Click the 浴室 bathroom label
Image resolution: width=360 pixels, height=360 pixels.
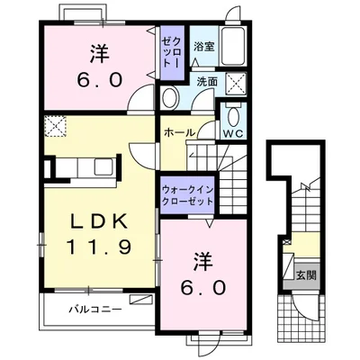coord(204,47)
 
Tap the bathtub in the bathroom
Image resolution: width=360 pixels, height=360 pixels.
coord(234,46)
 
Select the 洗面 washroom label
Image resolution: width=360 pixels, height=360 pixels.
coord(207,82)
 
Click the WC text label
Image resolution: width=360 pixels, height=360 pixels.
coord(234,134)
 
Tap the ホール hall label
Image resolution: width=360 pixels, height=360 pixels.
coord(180,132)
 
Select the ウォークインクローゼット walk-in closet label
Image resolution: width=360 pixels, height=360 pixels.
coord(187,195)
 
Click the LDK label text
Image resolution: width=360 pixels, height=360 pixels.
coord(98,222)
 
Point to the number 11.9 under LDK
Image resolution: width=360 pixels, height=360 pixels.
coord(99,247)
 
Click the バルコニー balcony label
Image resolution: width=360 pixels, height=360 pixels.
coord(95,309)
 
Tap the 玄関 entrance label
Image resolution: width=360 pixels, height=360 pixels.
coord(306,275)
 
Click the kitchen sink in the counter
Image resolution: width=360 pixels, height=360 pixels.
coord(103,166)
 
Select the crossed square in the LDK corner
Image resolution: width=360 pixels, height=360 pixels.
coord(55,126)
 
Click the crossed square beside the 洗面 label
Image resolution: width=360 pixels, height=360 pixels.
coord(236,83)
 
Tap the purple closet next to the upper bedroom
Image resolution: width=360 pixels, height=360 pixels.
coord(172,53)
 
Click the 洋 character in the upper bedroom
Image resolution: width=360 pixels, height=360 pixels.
coord(99,54)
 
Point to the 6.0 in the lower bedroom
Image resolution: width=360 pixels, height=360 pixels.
coord(203,288)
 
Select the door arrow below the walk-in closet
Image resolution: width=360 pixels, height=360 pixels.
coord(210,222)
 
